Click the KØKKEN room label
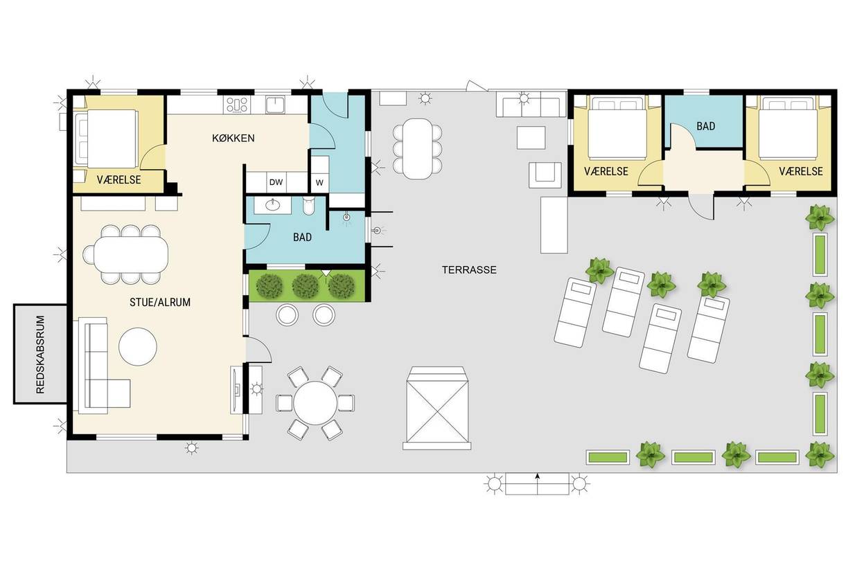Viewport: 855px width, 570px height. coord(233,138)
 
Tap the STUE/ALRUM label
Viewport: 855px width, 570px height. coord(160,303)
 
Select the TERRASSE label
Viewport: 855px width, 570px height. coord(469,270)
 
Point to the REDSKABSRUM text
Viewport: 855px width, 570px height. coord(40,355)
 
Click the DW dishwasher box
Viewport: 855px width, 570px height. coord(276,182)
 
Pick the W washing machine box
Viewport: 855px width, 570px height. coord(319,183)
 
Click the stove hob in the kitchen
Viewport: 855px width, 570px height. coord(237,105)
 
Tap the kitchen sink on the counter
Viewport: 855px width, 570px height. coord(275,105)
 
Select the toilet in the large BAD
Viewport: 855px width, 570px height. coord(308,206)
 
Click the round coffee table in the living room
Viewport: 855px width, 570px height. coord(138,346)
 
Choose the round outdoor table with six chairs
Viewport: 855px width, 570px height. coord(315,403)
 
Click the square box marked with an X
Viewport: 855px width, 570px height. coord(437,408)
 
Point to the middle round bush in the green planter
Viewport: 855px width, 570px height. coord(306,286)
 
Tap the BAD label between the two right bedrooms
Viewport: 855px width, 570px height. coord(706,126)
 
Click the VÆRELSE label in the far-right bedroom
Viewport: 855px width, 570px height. coord(801,172)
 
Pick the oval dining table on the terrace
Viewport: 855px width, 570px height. coord(418,149)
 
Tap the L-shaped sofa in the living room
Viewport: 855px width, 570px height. coord(103,365)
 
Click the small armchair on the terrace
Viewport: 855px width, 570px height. coord(545,175)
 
